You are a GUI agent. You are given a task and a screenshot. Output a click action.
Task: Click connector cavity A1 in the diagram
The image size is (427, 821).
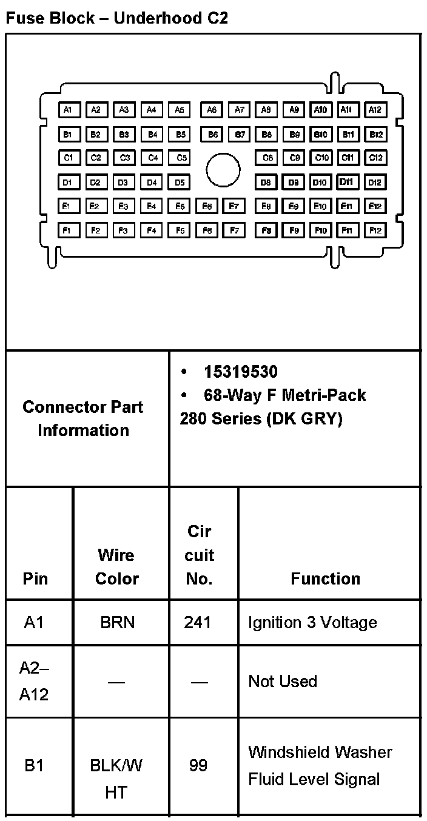point(69,110)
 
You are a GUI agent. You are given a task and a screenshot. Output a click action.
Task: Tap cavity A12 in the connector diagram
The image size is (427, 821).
point(375,110)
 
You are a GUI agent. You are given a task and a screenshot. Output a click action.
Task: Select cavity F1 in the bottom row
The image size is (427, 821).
point(69,230)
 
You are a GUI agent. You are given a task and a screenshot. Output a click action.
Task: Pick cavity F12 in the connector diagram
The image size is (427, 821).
point(375,230)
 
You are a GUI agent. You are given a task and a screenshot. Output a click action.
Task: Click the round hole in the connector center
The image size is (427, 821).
point(223,170)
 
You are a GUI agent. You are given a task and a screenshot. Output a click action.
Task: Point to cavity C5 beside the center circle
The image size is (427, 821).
point(180,158)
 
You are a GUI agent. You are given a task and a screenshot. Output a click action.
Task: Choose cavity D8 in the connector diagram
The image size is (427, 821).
point(266,182)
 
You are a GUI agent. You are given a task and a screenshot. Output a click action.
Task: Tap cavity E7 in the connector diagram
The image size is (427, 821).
point(234,206)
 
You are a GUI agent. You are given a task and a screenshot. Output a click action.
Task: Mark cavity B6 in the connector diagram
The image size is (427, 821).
point(212,134)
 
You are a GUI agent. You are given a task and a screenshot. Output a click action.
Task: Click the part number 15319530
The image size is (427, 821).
point(241,372)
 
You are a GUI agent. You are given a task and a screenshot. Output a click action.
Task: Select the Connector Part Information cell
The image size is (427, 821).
point(83,418)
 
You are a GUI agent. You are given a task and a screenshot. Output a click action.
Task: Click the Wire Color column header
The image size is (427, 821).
point(116,566)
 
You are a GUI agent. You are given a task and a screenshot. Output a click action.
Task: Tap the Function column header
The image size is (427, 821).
point(326,578)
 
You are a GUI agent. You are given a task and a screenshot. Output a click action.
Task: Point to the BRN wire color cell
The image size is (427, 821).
point(117,623)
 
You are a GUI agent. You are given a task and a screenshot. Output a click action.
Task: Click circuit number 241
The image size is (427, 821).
point(198,623)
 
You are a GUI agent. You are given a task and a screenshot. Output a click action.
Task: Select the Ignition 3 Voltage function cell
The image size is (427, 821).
point(312,623)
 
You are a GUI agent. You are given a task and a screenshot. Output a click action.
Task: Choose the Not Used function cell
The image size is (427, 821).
point(283,681)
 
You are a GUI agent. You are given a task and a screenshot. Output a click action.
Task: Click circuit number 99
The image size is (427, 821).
point(198,765)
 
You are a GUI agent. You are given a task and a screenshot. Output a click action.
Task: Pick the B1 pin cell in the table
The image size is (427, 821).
point(34,766)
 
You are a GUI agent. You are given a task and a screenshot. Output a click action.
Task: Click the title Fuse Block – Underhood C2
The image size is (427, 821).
point(116,18)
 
